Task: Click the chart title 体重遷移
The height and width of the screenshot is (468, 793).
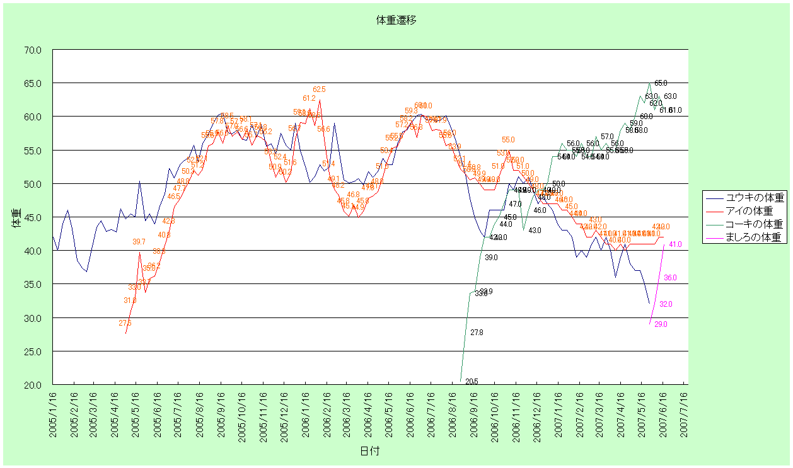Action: pyautogui.click(x=396, y=20)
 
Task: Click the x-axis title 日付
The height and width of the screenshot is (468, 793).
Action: pyautogui.click(x=369, y=451)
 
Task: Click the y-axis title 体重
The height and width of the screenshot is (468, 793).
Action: pyautogui.click(x=16, y=217)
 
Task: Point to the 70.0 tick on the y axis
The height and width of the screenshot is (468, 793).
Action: pyautogui.click(x=33, y=50)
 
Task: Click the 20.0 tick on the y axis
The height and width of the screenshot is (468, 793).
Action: pyautogui.click(x=33, y=385)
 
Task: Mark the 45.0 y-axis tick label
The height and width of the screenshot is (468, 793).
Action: pyautogui.click(x=33, y=217)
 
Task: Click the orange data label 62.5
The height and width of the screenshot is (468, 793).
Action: pyautogui.click(x=319, y=90)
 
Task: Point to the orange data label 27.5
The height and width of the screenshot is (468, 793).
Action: pyautogui.click(x=125, y=323)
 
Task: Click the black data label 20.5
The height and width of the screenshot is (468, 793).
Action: pyautogui.click(x=472, y=382)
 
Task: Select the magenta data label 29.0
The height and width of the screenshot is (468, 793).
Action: pyautogui.click(x=661, y=324)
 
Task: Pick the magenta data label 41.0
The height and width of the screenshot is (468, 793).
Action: pyautogui.click(x=676, y=244)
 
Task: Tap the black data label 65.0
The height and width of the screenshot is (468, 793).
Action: pyautogui.click(x=661, y=83)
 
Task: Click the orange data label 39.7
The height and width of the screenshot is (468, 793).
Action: pyautogui.click(x=139, y=242)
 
